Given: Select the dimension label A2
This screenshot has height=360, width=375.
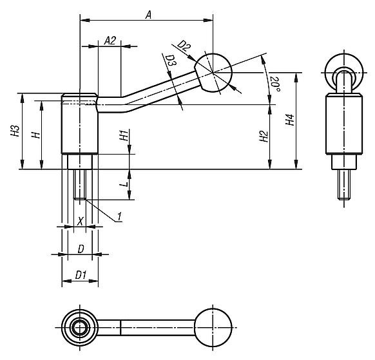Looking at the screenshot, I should (110, 41).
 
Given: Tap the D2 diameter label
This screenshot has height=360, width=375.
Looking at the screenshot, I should (184, 46).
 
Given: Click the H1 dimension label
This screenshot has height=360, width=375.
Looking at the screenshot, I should (122, 135).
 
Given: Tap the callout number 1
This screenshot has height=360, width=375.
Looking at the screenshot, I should (119, 218).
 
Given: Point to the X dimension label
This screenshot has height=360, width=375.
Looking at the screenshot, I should (80, 220).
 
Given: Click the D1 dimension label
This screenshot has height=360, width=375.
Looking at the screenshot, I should (80, 275).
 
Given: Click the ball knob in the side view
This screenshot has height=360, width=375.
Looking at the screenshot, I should (213, 72).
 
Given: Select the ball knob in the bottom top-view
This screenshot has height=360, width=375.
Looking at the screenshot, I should (213, 327).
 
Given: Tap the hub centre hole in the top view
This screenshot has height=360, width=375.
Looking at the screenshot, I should (79, 327).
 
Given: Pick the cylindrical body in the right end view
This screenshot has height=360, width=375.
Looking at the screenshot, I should (342, 126).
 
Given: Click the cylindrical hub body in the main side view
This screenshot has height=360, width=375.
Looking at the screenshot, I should (80, 126).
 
